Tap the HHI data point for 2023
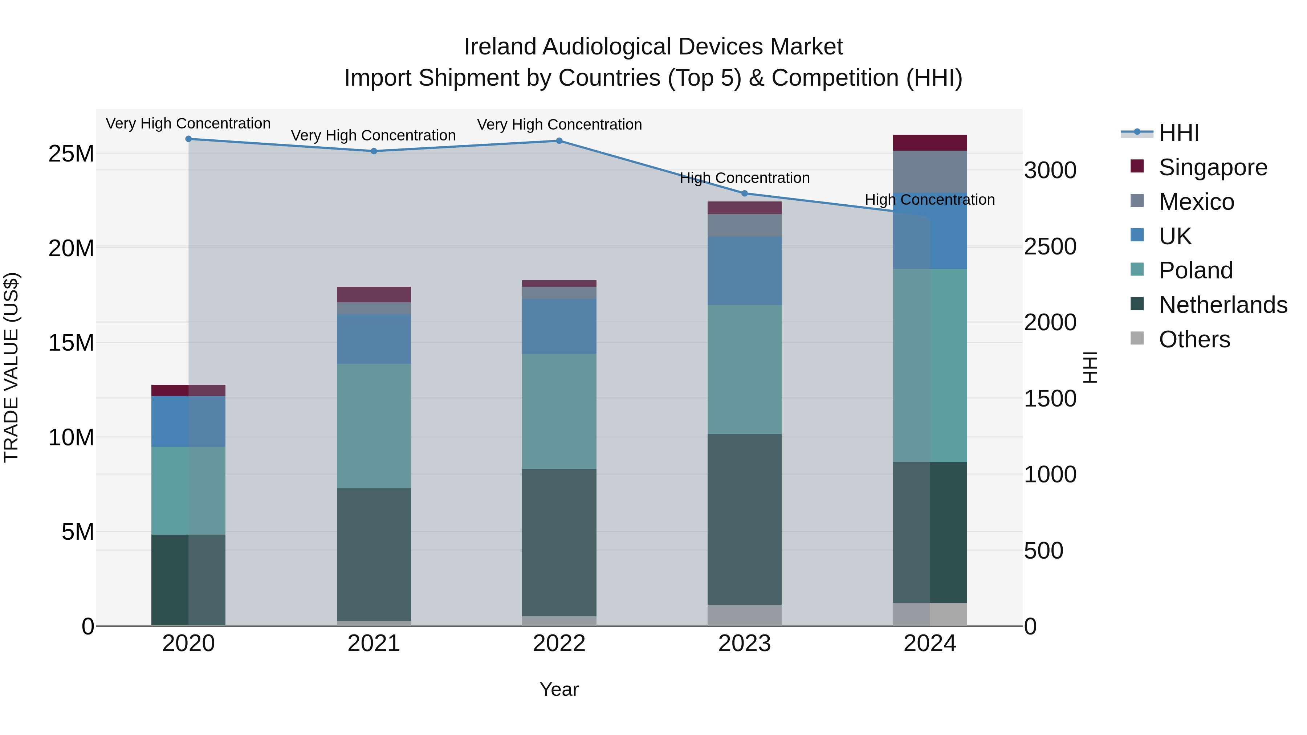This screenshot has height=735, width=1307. tap(744, 193)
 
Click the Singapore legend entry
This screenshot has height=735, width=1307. tap(1212, 167)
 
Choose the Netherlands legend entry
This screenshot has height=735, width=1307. tap(1222, 305)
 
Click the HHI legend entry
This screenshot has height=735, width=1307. tap(1178, 133)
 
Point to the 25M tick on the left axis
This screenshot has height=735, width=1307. tap(71, 154)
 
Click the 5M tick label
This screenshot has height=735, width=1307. tap(77, 532)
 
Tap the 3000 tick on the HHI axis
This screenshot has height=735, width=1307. tap(1050, 171)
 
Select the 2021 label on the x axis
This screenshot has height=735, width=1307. tap(374, 644)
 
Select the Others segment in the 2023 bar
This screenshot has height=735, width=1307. tap(744, 615)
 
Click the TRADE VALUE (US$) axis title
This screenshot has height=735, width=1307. tap(11, 367)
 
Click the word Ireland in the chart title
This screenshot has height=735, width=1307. tap(500, 47)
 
